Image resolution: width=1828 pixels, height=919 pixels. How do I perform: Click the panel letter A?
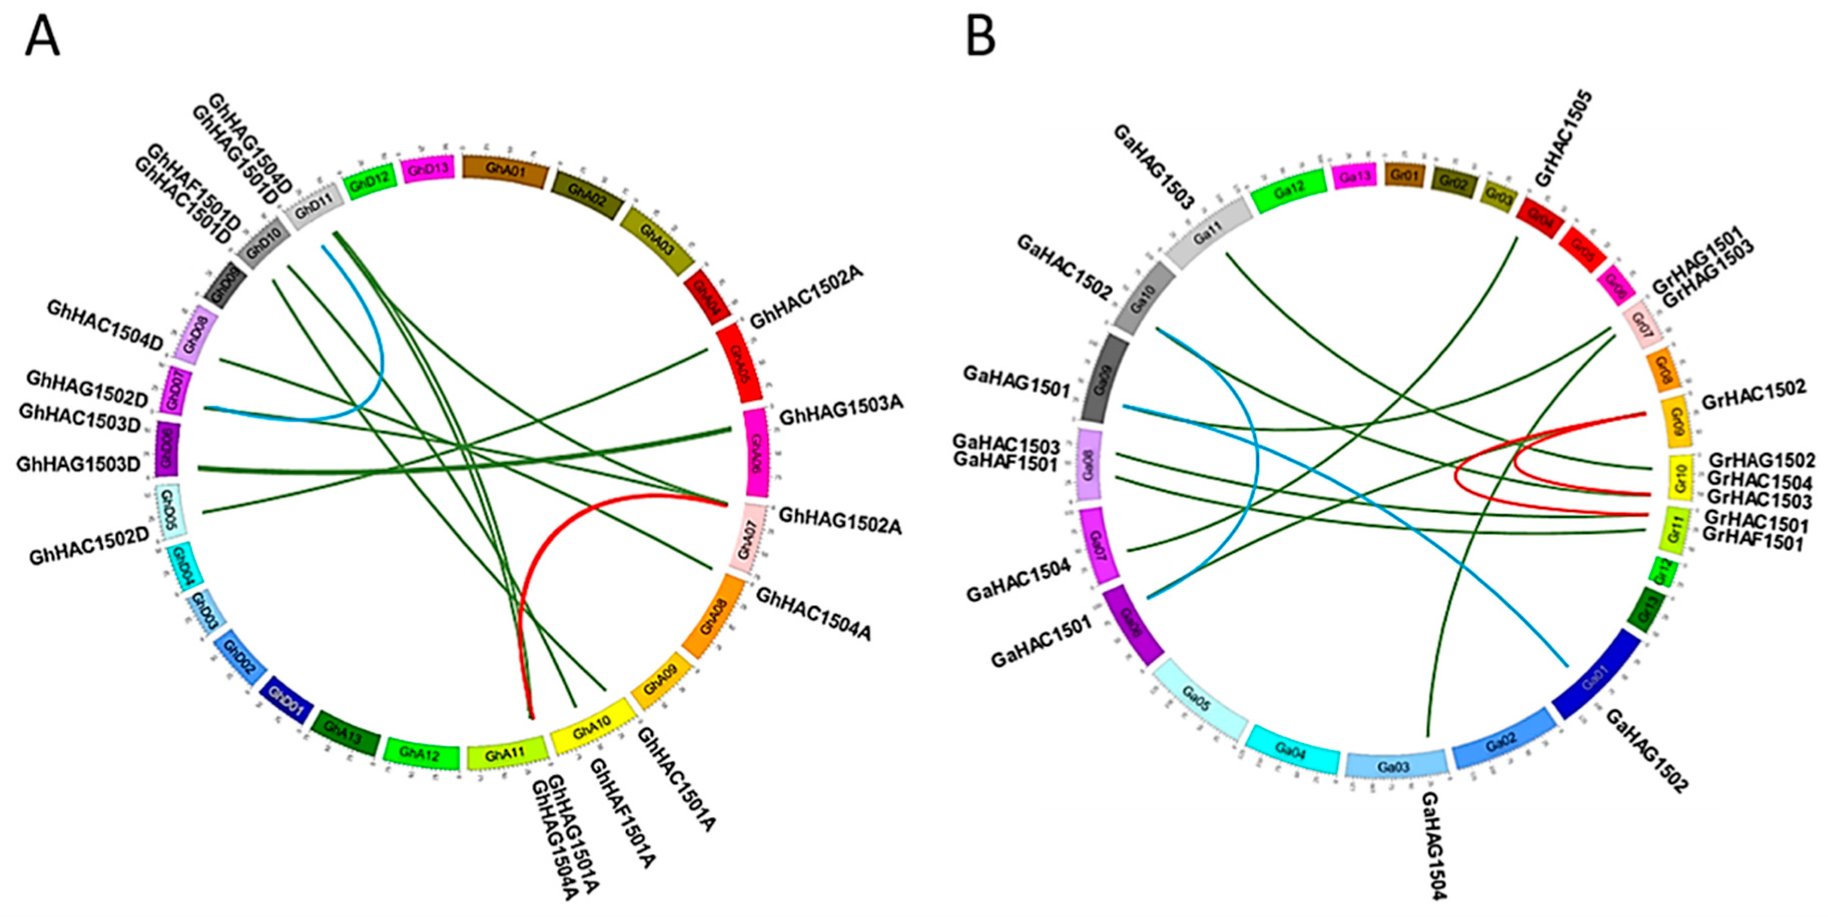tap(42, 38)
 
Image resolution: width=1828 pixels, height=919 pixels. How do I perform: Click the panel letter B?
tap(981, 38)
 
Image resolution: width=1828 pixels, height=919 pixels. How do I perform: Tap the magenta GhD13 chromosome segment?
tap(428, 170)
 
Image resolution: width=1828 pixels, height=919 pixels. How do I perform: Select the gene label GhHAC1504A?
tap(814, 614)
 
